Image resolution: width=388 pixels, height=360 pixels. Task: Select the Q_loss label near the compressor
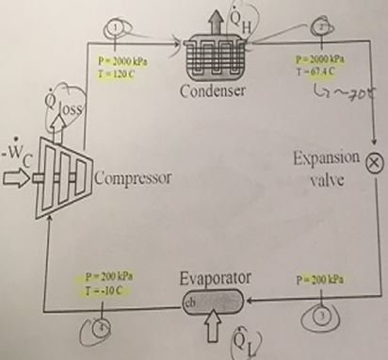69,110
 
